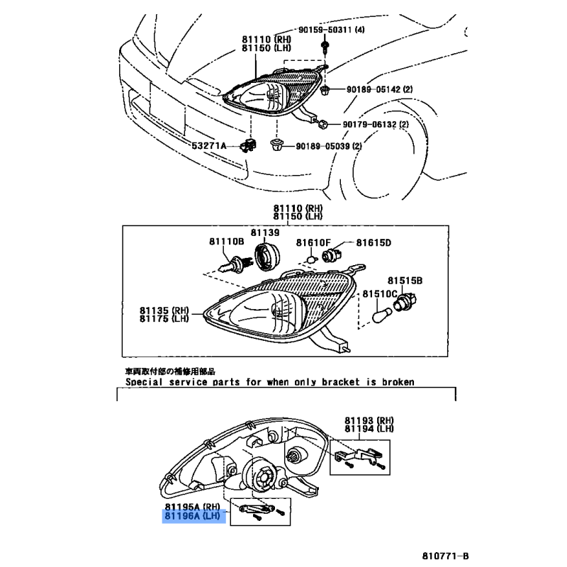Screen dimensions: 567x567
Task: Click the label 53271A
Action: point(208,145)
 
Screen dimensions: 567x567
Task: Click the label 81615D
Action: point(373,242)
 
